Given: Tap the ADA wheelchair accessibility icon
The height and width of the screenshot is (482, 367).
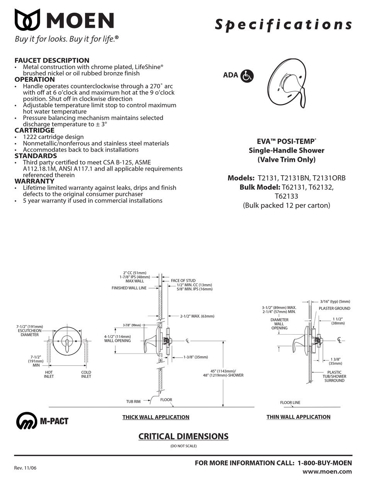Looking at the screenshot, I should [x=247, y=76].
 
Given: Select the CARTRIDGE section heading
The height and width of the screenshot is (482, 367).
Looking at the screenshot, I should [x=34, y=130].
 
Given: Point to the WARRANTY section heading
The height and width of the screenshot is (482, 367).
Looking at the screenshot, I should [x=34, y=181].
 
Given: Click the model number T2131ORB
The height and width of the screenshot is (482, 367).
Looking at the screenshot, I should [x=330, y=178].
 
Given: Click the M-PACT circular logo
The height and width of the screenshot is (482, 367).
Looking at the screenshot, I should [x=26, y=421].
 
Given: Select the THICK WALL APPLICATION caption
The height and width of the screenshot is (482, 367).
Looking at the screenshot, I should [x=156, y=417].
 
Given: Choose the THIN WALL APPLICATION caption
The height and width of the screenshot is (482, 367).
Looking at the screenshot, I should [x=298, y=417].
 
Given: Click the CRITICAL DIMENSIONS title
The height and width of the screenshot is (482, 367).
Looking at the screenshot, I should [x=183, y=436].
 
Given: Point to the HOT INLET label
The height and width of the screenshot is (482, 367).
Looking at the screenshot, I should [x=49, y=374].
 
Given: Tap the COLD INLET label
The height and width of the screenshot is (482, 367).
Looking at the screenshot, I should [x=86, y=374].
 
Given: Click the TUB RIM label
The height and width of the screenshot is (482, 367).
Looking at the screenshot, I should [x=133, y=402].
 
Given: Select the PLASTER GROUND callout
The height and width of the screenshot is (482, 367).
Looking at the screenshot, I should [x=334, y=308].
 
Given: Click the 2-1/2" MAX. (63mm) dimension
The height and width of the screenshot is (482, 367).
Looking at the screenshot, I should [x=197, y=316].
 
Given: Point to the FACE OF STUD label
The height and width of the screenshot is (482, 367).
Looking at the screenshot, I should [x=183, y=281].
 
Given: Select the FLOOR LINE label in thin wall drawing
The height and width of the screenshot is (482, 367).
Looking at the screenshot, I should [x=290, y=403].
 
